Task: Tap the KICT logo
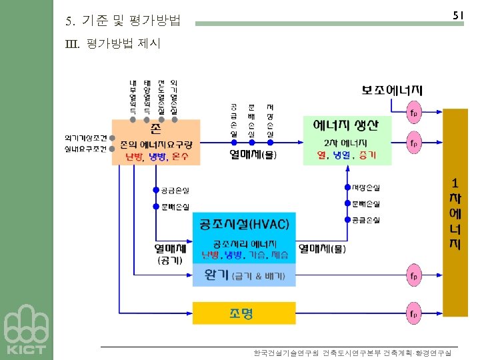26,331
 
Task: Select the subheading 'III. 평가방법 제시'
113,44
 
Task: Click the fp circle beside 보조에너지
414,111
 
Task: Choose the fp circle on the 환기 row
414,275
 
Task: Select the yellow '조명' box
243,313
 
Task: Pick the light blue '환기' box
243,275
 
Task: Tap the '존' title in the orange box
155,127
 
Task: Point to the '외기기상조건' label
86,137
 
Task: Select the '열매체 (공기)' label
169,254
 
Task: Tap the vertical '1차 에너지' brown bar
455,213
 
